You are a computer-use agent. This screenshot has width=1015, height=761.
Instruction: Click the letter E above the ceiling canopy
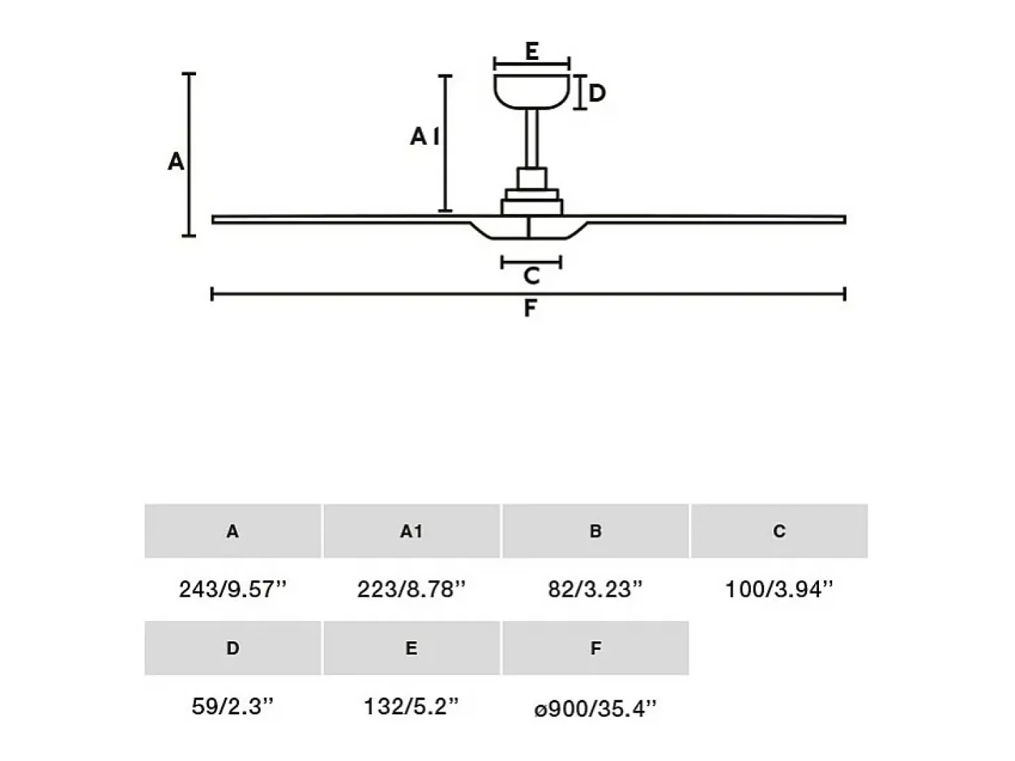(x=532, y=51)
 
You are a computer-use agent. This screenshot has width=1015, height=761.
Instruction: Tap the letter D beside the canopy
(x=597, y=93)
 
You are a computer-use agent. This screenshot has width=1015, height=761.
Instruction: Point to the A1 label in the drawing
(x=425, y=137)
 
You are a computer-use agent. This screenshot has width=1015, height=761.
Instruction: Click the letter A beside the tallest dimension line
(x=176, y=162)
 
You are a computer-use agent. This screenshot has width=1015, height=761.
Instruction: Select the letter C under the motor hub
(x=532, y=275)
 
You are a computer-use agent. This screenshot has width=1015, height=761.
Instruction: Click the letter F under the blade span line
(x=530, y=308)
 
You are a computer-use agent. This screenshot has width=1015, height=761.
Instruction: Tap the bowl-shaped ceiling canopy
(x=532, y=92)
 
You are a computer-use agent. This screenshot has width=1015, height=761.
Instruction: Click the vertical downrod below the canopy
(x=532, y=138)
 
